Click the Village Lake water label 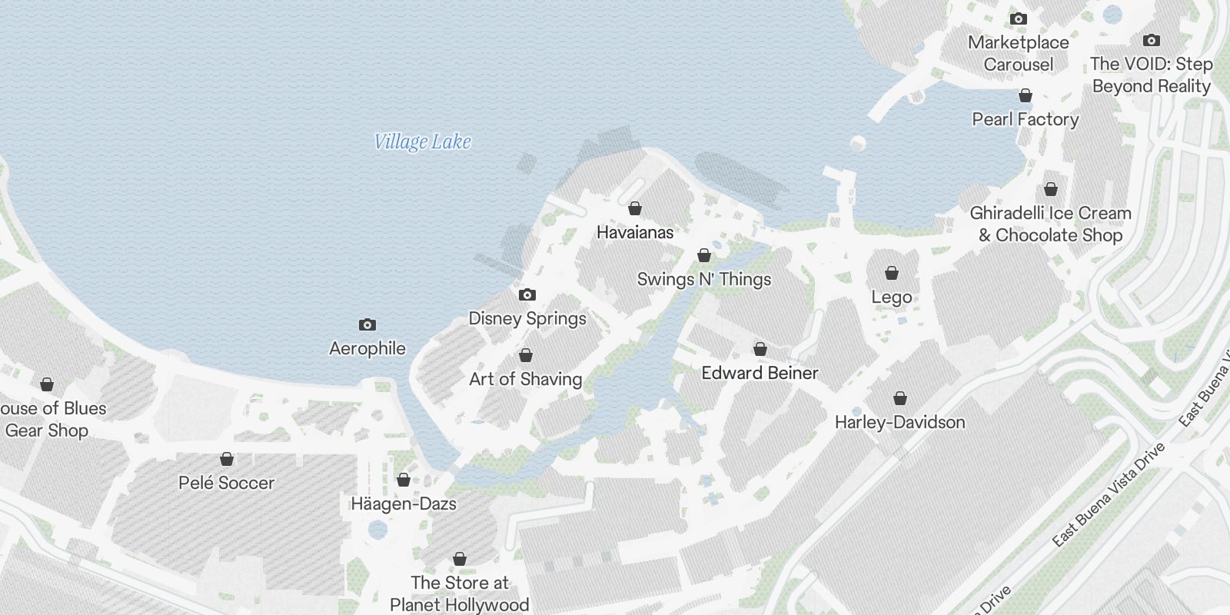(422, 141)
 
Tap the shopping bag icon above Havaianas (635, 208)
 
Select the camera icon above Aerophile (367, 324)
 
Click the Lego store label (892, 297)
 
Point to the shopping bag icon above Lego (892, 273)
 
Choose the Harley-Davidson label (899, 422)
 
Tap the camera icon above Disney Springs (527, 294)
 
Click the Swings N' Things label (704, 279)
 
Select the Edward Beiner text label (760, 373)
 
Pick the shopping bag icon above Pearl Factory (1025, 95)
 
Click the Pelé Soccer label (226, 483)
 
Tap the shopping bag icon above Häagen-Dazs (404, 480)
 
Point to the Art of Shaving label (526, 379)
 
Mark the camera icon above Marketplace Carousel (1018, 18)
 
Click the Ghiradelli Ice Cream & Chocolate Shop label (1050, 224)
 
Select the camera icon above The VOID (1151, 40)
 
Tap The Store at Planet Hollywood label (460, 593)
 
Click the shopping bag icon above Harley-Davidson (899, 398)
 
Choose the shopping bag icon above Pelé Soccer (227, 459)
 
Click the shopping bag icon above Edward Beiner (760, 349)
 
